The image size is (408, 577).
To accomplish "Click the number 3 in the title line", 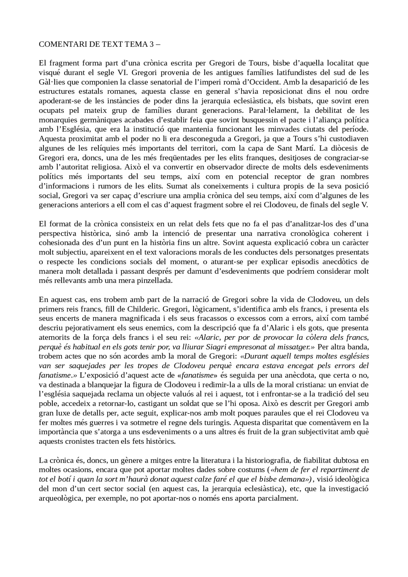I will coord(151,45).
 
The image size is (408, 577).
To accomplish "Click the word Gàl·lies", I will coord(50,82).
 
